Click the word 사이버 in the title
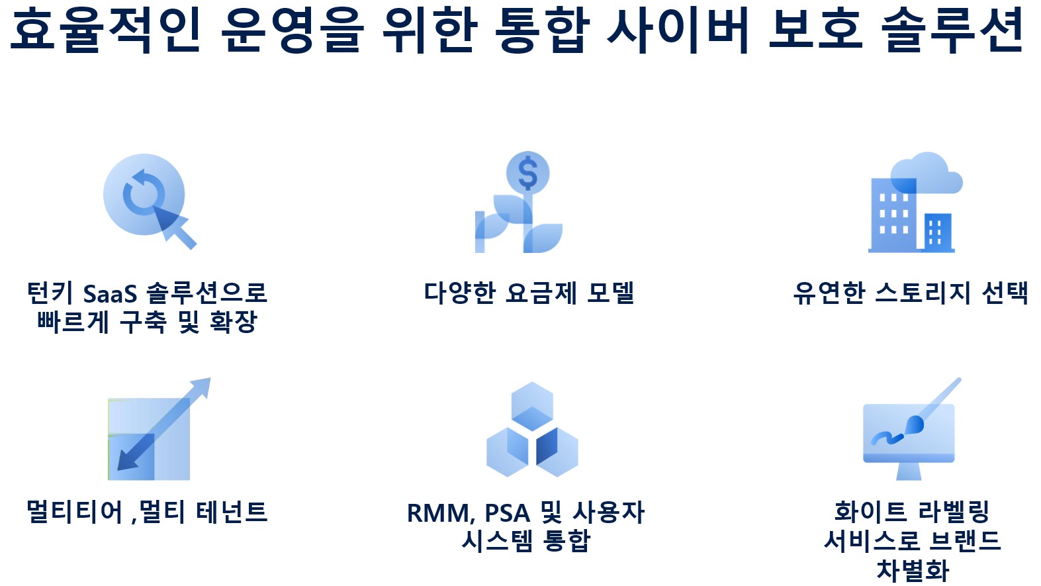[x=678, y=30]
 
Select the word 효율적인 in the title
[x=105, y=30]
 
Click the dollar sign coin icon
[x=528, y=173]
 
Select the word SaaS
[x=110, y=294]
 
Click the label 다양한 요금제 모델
[x=529, y=293]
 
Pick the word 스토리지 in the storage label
[x=923, y=293]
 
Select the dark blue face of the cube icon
[x=547, y=446]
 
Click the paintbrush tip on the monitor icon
[x=914, y=424]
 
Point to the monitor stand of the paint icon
[x=909, y=471]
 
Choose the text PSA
[x=507, y=513]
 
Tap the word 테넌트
[x=232, y=512]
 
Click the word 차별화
[x=912, y=569]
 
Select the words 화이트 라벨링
[x=912, y=512]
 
